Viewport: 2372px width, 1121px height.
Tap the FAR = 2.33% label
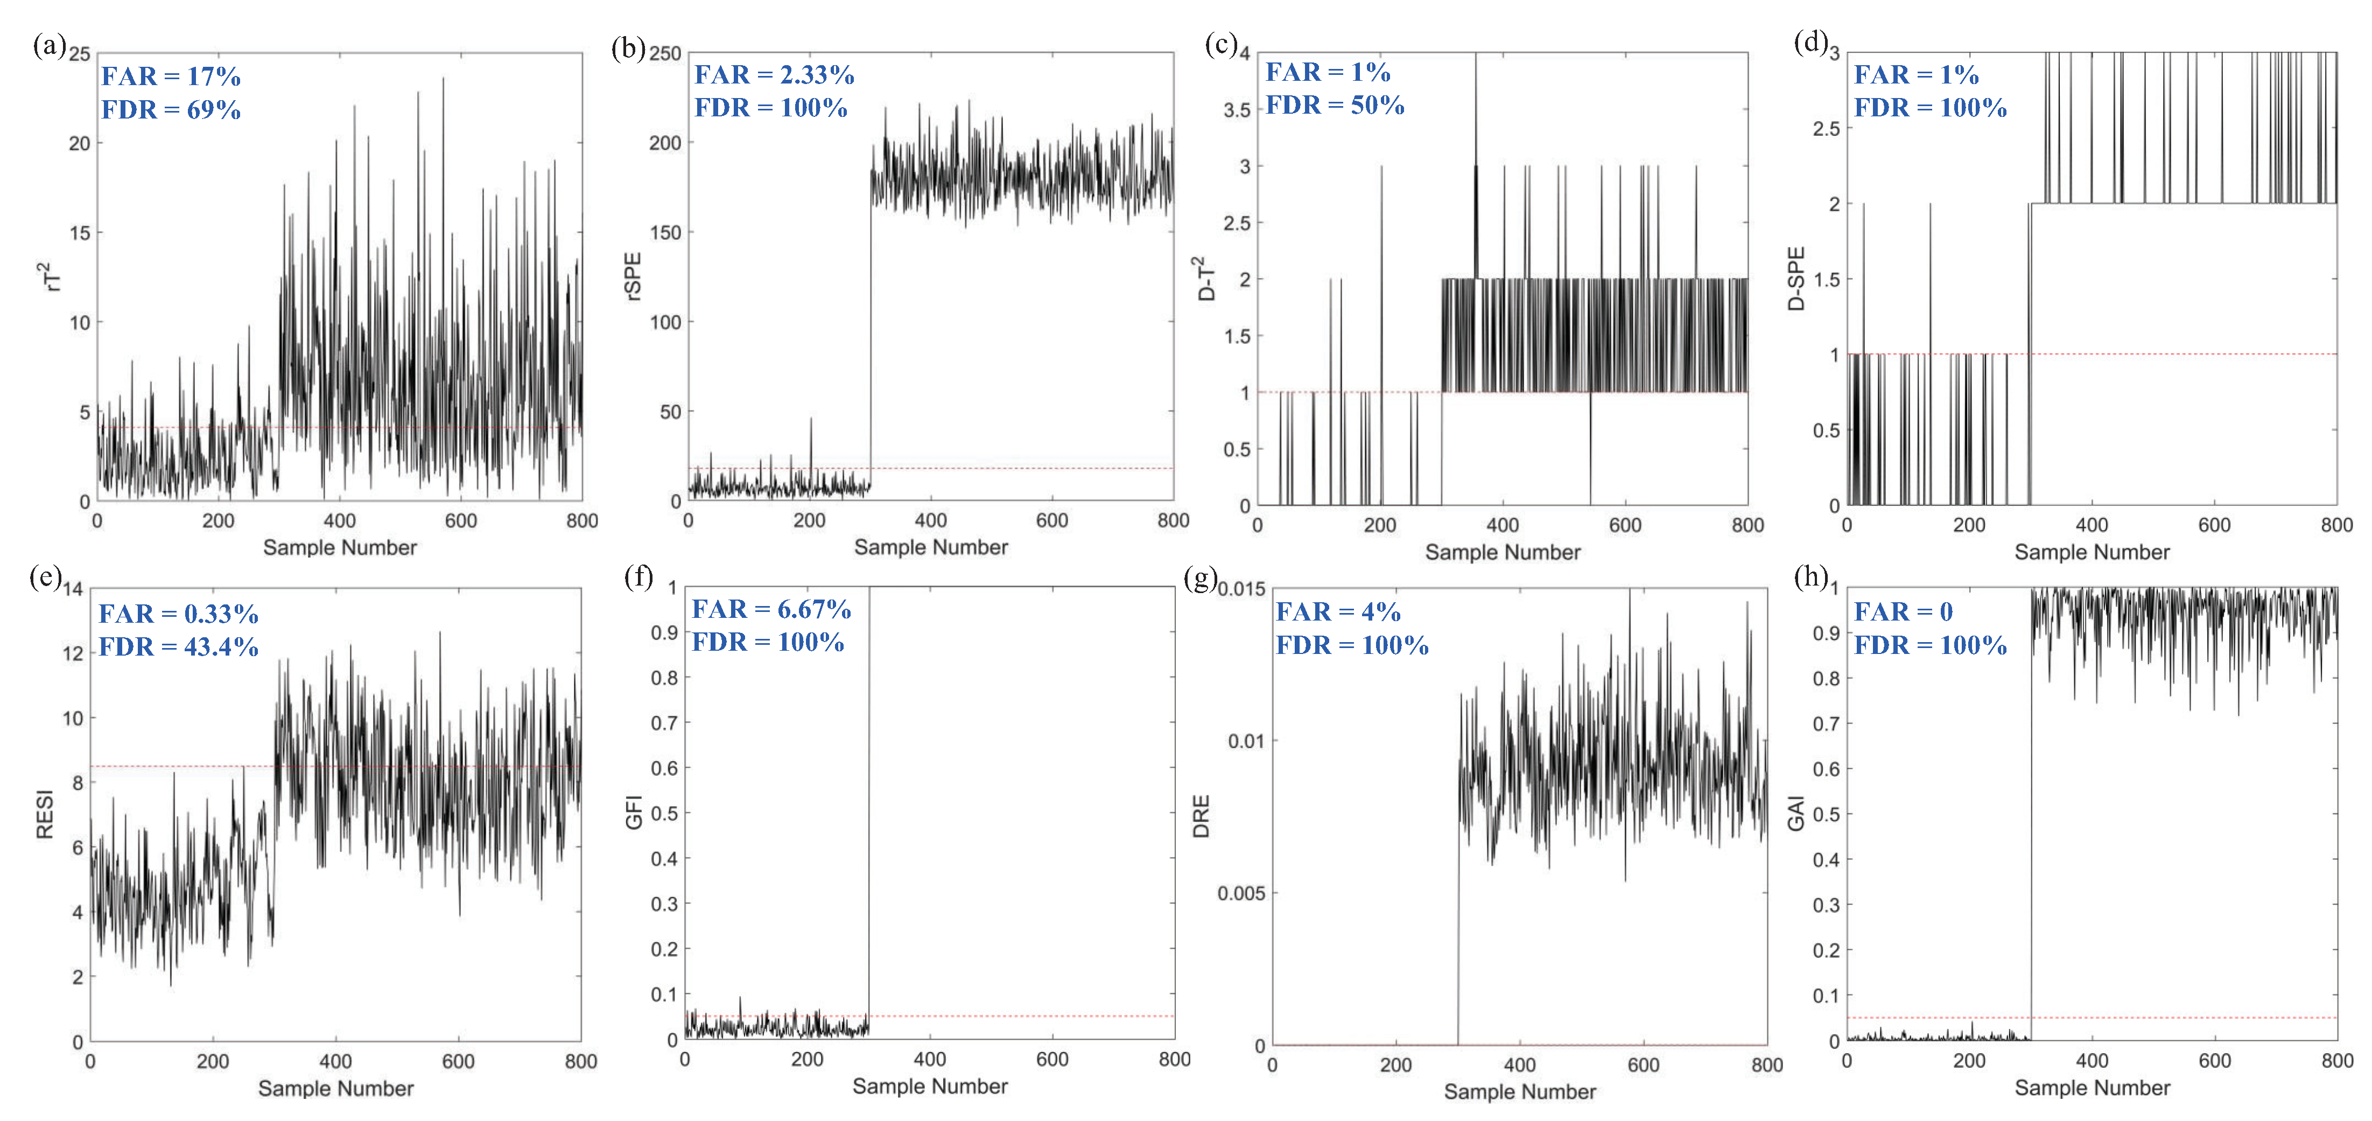tap(774, 75)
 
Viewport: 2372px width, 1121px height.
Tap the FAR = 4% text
tap(1337, 611)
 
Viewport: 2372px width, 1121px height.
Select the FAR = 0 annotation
tap(1903, 611)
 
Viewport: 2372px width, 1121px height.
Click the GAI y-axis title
tap(1795, 813)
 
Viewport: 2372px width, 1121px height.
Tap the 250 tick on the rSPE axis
tap(665, 53)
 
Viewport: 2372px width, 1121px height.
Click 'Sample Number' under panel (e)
tap(335, 1089)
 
